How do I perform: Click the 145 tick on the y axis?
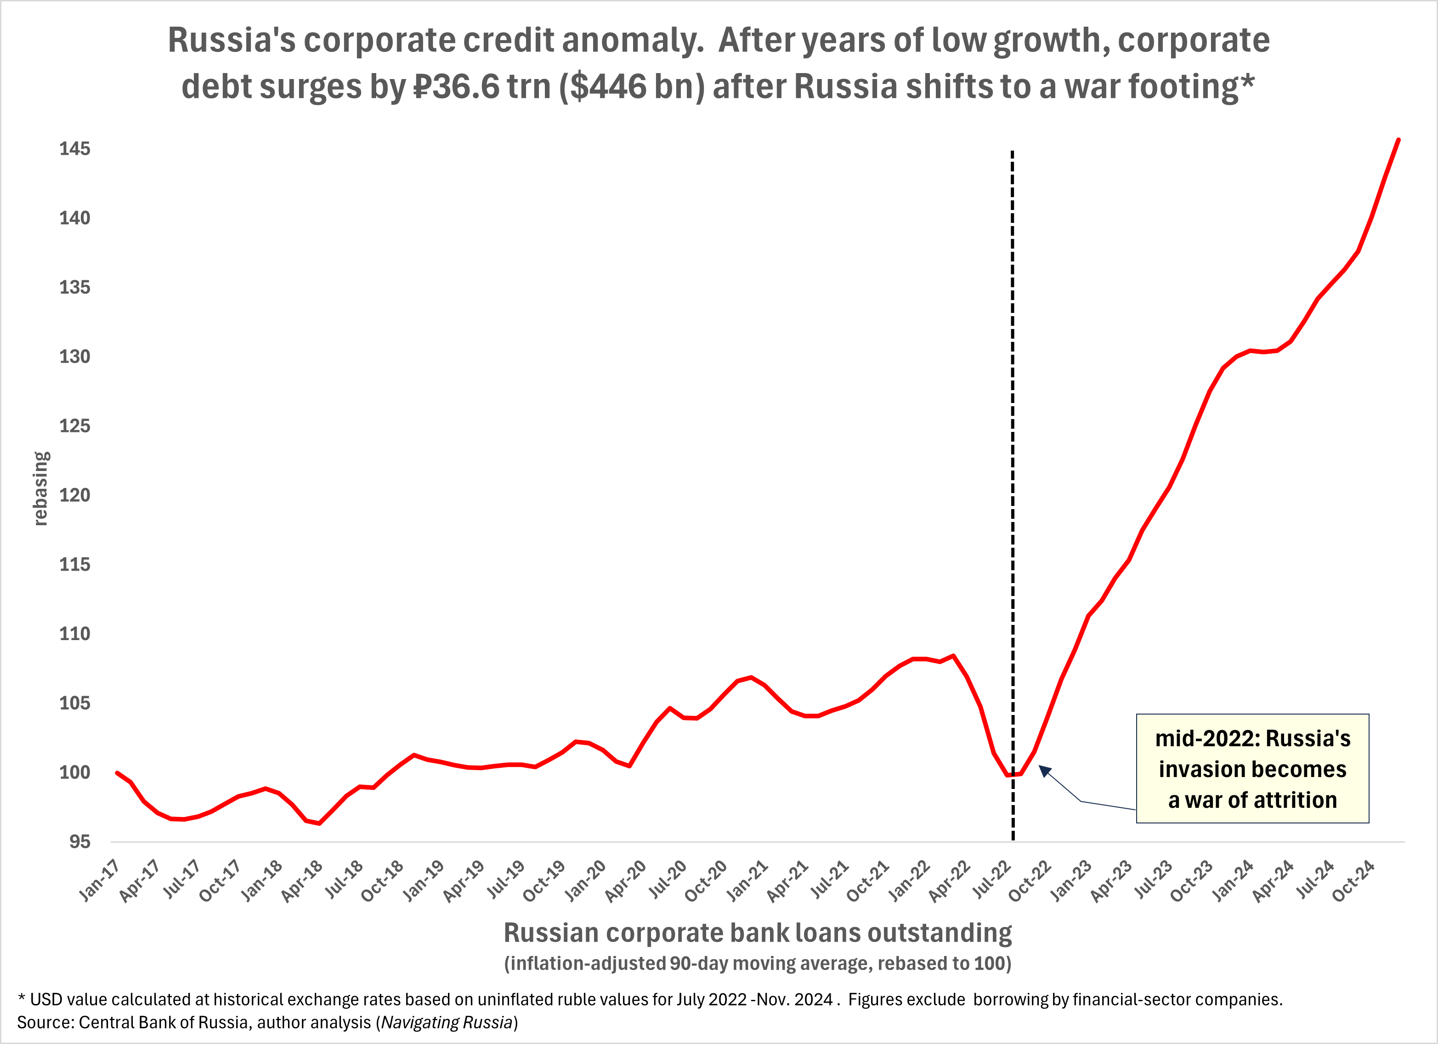pos(75,149)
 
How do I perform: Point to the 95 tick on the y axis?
pos(80,842)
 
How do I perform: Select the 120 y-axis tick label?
pos(75,495)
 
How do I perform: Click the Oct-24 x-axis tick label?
pos(1353,882)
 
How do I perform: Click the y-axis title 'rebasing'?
pos(40,488)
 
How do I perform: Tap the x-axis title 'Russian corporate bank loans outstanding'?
pos(757,933)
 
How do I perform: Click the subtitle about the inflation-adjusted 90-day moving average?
pos(757,964)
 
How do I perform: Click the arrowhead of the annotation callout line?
pos(1044,771)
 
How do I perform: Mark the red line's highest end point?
pos(1398,140)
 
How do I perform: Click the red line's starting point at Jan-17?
pos(117,772)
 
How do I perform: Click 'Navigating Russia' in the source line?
pos(447,1022)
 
